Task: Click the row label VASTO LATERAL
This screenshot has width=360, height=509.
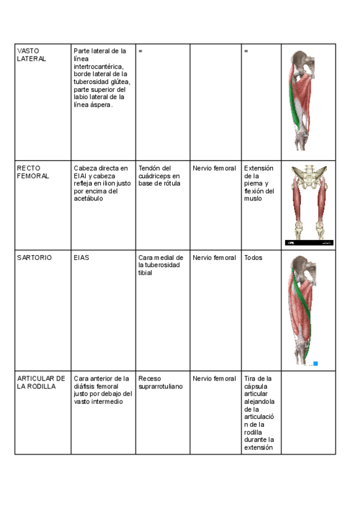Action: click(x=32, y=55)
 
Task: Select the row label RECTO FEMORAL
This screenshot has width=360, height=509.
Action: click(x=34, y=172)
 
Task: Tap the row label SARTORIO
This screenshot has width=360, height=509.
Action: click(x=34, y=258)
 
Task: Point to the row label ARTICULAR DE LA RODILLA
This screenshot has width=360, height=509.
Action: click(x=41, y=382)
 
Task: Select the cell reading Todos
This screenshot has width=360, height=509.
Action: click(x=253, y=258)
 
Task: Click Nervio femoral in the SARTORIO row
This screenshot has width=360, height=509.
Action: click(x=214, y=258)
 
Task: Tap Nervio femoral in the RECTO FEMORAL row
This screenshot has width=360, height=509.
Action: click(x=214, y=169)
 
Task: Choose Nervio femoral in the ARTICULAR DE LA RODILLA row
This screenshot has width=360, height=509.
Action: click(x=214, y=379)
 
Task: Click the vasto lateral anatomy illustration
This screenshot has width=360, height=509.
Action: click(x=307, y=99)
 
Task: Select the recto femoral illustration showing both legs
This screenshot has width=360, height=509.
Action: click(x=308, y=204)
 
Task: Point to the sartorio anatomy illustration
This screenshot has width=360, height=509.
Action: click(x=307, y=310)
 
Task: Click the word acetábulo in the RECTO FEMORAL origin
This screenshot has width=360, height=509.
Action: click(x=89, y=199)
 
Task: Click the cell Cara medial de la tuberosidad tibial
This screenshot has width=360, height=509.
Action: click(x=161, y=265)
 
